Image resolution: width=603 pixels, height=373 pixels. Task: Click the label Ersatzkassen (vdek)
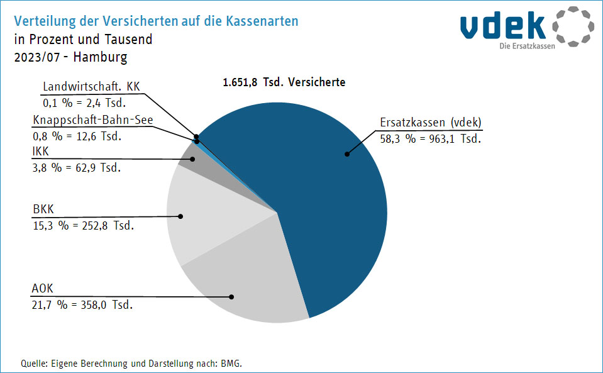[x=431, y=123]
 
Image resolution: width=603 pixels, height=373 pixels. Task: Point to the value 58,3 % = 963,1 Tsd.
[x=431, y=138]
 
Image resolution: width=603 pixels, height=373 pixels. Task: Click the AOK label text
[x=43, y=289]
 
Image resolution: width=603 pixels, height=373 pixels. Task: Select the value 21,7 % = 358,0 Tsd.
[x=82, y=304]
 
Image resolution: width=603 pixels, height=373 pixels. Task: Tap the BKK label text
[x=42, y=209]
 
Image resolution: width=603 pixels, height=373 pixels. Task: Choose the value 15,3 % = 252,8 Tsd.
[x=83, y=225]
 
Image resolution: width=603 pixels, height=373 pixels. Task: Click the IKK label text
[x=40, y=152]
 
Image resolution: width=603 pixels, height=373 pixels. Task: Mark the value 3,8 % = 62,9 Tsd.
[x=76, y=167]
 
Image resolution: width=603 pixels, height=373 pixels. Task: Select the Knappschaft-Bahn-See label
[x=92, y=120]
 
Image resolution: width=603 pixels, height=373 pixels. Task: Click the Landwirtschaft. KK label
[x=91, y=86]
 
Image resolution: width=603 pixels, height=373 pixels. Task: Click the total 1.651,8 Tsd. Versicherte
[x=284, y=82]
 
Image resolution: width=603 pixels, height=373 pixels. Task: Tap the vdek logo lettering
[x=503, y=25]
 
